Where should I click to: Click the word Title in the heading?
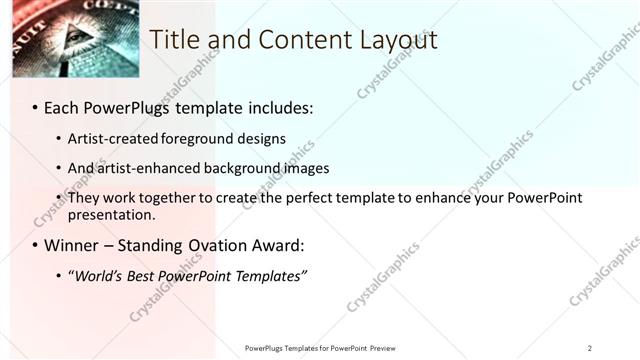[172, 39]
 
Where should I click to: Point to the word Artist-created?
[109, 138]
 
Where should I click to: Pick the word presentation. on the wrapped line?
[112, 214]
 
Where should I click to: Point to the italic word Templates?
[270, 275]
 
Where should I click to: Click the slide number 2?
[589, 348]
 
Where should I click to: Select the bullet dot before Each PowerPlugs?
[35, 106]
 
